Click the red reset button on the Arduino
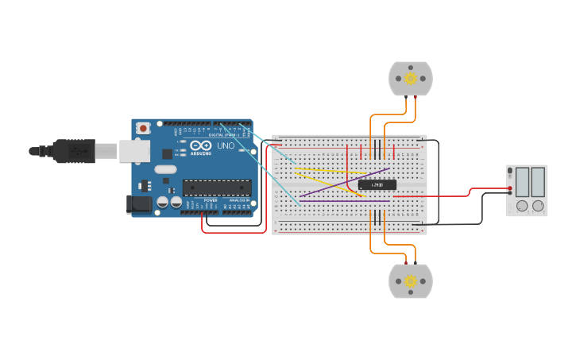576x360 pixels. tap(143, 127)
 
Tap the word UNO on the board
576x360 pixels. tap(226, 145)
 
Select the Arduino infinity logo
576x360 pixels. tap(202, 147)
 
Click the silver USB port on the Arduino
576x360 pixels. tap(134, 150)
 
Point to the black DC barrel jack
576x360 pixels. tap(139, 204)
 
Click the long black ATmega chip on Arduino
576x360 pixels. tap(217, 188)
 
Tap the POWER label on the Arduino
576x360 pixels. tap(210, 200)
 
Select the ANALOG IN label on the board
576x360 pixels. tap(238, 200)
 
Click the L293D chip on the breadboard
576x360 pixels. tap(377, 184)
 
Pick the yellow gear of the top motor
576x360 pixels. tap(411, 78)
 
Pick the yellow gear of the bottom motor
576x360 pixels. tap(411, 281)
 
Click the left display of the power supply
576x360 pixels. tap(521, 182)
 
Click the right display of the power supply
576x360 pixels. tap(538, 182)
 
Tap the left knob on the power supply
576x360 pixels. tap(522, 206)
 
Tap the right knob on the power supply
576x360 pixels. tap(538, 206)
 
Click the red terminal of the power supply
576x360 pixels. tap(509, 188)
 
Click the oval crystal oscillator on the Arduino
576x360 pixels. tap(165, 169)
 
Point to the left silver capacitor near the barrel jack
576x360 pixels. tap(162, 203)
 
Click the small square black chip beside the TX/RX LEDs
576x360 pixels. tap(168, 153)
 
